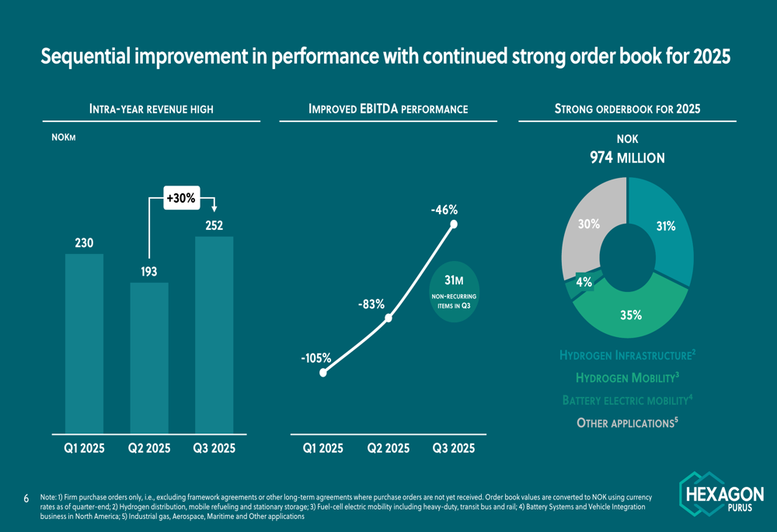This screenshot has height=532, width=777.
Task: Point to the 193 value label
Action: [149, 272]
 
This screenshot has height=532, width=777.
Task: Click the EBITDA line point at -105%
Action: [323, 373]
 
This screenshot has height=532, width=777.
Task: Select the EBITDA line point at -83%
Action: [388, 318]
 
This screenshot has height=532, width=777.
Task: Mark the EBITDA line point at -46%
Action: [454, 225]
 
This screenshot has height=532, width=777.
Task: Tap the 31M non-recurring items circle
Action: [454, 295]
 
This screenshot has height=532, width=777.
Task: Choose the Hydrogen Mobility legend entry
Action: [627, 378]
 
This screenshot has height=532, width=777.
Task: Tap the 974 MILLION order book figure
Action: [627, 158]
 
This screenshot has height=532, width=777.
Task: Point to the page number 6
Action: [26, 498]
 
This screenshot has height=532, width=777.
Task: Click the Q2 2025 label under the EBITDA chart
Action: [388, 448]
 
